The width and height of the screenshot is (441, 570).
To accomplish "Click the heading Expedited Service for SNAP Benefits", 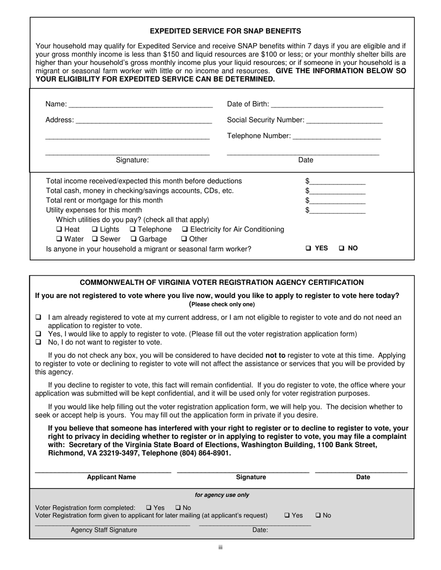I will (x=225, y=31).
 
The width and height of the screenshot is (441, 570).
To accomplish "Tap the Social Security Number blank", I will (x=344, y=121).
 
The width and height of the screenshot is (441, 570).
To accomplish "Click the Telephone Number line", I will (x=337, y=137).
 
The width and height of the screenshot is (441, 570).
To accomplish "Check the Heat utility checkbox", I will (x=59, y=229).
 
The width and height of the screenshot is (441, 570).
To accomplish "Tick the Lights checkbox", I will (x=95, y=229).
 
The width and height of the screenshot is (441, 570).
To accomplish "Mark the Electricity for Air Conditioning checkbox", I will (x=185, y=229).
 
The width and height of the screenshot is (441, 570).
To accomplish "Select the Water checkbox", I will (x=59, y=239).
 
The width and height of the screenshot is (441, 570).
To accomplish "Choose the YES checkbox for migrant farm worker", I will (x=309, y=248).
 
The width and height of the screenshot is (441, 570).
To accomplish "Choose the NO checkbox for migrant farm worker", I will (x=342, y=248).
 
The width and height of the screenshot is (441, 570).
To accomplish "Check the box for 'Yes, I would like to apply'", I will (x=39, y=334).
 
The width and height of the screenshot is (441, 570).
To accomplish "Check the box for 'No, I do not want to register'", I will (x=39, y=342).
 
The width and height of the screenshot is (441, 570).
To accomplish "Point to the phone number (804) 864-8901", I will (x=205, y=453).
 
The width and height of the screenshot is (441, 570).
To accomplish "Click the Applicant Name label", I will (x=111, y=477).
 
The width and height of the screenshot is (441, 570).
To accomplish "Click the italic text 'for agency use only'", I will (x=222, y=495).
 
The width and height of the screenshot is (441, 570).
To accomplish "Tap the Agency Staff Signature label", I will (x=104, y=530).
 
